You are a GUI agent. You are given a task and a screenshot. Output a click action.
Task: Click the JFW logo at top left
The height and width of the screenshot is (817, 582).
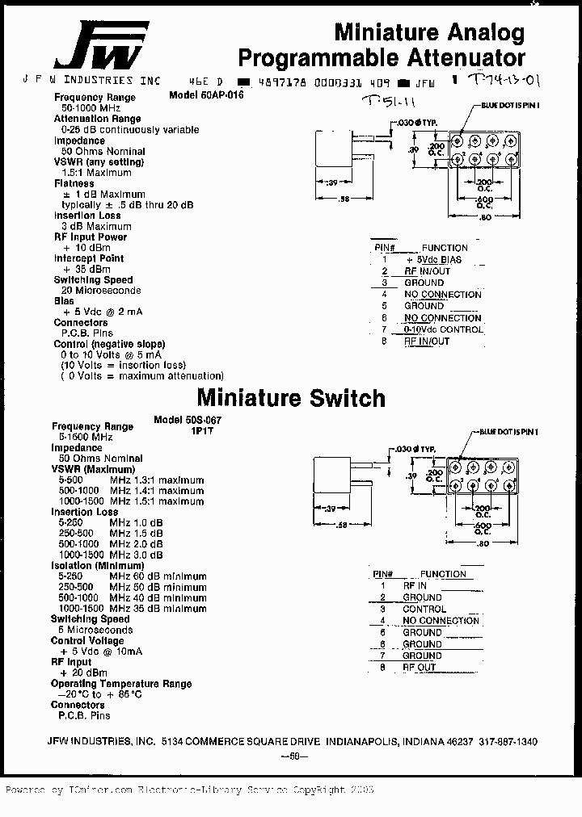pos(101,46)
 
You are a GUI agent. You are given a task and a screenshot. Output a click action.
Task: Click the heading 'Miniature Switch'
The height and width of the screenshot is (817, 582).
pos(291,398)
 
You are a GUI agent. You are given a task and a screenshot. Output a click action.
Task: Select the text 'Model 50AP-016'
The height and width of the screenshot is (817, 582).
pos(206,94)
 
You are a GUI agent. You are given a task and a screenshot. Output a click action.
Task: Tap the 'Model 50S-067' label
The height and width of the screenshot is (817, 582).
pos(187,421)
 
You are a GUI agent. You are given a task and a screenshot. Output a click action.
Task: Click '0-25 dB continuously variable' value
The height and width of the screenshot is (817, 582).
pos(129,129)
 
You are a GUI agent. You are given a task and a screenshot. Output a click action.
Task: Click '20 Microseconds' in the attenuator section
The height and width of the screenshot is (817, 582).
pos(101,291)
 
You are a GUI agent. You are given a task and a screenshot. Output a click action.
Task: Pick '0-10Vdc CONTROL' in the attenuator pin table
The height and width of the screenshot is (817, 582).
pos(444,329)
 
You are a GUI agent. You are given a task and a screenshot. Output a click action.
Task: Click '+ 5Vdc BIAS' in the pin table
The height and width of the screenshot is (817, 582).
pos(433,260)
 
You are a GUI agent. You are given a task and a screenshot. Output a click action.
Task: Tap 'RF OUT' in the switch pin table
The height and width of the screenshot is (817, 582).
pos(419,668)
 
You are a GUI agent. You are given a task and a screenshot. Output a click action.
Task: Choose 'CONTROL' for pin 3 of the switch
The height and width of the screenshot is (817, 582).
pos(424,610)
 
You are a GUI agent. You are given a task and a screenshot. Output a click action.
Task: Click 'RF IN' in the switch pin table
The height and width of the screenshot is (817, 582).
pos(415,586)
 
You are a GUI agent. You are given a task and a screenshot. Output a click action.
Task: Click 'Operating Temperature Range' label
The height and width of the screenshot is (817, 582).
pos(121,684)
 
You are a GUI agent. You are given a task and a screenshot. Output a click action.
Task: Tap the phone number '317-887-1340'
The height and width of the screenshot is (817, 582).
pos(508,741)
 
